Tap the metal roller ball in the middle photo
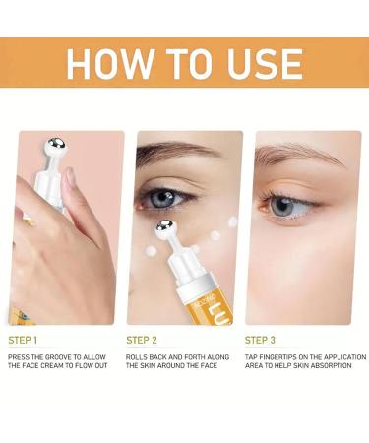(x=166, y=229)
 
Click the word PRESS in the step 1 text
(x=19, y=356)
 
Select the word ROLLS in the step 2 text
(x=138, y=356)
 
